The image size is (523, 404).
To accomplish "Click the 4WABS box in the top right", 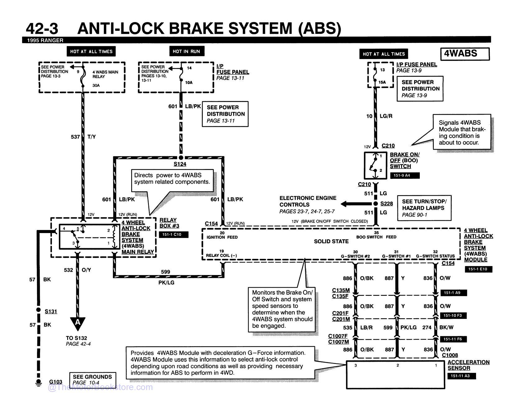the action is tap(465, 54).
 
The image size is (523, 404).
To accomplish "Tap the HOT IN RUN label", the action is tap(187, 51).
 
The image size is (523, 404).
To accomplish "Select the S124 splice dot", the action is tap(181, 158).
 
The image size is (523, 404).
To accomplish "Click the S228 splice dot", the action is tap(376, 204).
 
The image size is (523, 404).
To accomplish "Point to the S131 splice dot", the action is tap(38, 310).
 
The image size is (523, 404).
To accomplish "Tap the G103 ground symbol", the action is tap(38, 383).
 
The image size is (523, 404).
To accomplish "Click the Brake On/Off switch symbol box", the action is tap(376, 165).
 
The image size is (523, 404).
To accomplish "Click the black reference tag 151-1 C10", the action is tap(174, 235).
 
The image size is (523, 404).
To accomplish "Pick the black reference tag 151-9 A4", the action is tap(405, 176).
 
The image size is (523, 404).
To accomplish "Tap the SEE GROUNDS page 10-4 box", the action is tap(92, 380).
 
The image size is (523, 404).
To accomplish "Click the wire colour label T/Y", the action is tap(92, 137).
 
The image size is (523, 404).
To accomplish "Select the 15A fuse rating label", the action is tap(382, 82).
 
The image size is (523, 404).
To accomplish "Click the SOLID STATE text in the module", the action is tap(331, 241).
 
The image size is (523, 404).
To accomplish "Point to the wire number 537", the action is tap(76, 137).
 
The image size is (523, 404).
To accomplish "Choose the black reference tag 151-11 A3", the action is tap(461, 376).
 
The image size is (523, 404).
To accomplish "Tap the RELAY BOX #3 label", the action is tap(169, 223).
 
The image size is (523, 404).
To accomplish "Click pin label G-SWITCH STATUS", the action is tap(435, 256).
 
